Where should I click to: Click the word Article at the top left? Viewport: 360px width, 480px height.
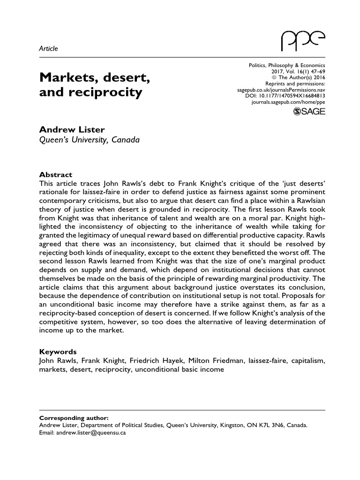(x=47, y=49)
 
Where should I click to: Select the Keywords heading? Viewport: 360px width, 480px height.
(x=58, y=352)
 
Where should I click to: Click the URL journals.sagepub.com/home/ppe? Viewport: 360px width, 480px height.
(x=288, y=101)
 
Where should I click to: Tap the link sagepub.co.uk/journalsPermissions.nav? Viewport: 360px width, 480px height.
(x=279, y=89)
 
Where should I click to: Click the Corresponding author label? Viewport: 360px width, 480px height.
(x=73, y=418)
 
